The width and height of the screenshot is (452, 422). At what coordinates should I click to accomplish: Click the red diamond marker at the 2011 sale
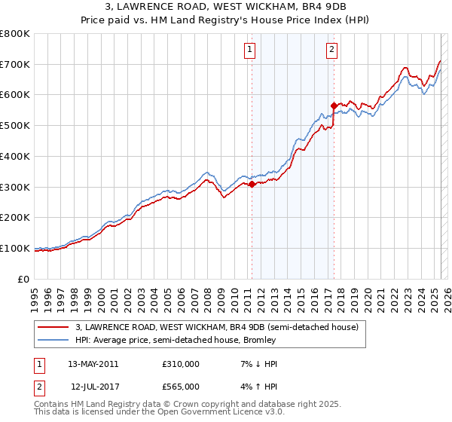[x=252, y=184]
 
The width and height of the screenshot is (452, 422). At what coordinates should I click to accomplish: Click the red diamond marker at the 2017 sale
[x=334, y=105]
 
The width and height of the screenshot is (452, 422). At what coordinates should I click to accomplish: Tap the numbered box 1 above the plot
[x=250, y=50]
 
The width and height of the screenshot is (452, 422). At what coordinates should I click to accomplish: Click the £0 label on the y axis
[x=24, y=279]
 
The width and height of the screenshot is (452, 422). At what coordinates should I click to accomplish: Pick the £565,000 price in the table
[x=181, y=386]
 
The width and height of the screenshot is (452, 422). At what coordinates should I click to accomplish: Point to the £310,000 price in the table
[x=181, y=364]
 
